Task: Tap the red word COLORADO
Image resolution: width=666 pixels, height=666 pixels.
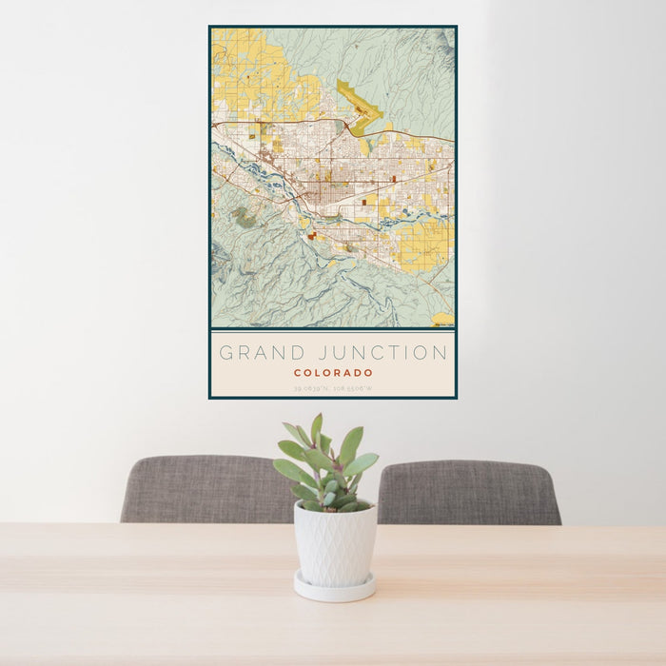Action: tap(333, 373)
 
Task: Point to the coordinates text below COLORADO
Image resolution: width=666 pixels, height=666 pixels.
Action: tap(333, 388)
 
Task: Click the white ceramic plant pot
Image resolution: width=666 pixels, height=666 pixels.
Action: tap(334, 544)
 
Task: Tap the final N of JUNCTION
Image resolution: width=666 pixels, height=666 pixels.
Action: tap(441, 353)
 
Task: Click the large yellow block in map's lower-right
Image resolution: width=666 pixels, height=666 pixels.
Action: tap(422, 245)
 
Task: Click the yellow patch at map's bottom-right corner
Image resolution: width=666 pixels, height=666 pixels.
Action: tap(442, 319)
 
